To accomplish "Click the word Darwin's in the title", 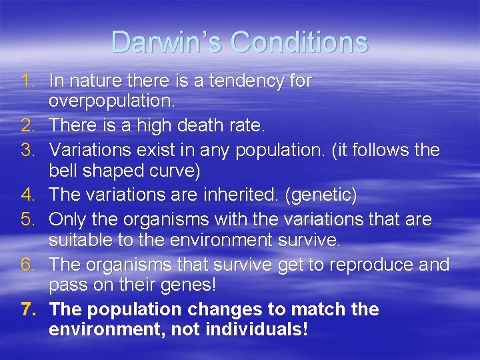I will (167, 42).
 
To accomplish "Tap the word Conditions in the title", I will (299, 42).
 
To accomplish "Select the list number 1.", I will (27, 81).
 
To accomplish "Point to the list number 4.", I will (27, 195).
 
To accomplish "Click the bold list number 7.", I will (27, 309).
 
